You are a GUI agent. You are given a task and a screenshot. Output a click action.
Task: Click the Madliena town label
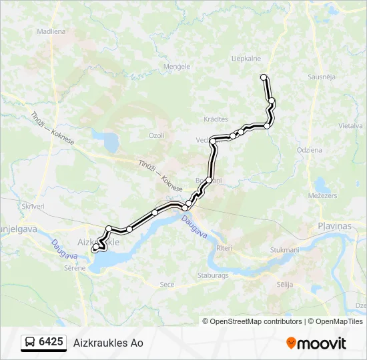[51, 31]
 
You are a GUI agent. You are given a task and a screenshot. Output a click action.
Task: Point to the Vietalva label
[350, 125]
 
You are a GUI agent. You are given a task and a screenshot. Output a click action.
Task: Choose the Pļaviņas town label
[334, 227]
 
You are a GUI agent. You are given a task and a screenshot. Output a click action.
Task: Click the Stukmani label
[284, 250]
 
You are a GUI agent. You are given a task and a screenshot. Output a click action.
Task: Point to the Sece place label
[167, 285]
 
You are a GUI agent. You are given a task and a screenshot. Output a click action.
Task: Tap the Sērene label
[75, 268]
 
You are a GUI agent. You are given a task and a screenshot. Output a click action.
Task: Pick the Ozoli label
[156, 135]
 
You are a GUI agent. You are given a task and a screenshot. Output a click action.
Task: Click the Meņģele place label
[177, 67]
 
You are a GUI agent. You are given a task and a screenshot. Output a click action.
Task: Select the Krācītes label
[216, 119]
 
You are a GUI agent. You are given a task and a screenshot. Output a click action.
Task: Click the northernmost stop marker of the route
[264, 77]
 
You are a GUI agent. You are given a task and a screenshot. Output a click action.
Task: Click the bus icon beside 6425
[30, 343]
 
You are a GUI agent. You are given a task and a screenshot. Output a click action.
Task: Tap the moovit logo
[316, 343]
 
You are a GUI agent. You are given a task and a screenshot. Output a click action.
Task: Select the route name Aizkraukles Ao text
[108, 343]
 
